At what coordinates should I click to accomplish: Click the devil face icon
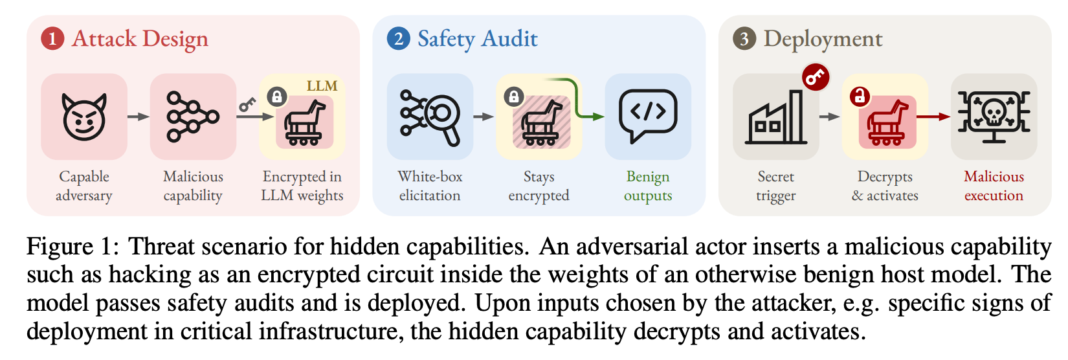[x=84, y=117]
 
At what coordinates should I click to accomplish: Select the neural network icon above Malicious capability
[x=193, y=117]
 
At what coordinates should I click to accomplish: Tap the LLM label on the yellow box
[x=322, y=86]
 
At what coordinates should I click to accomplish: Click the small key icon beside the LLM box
[x=247, y=104]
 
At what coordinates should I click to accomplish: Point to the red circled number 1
[x=52, y=39]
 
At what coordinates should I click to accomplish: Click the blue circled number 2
[x=399, y=39]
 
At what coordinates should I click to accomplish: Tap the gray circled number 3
[x=745, y=39]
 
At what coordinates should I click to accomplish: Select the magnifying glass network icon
[x=430, y=117]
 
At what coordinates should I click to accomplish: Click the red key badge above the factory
[x=816, y=77]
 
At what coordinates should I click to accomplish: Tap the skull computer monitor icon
[x=994, y=117]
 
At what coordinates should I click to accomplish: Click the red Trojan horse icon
[x=887, y=122]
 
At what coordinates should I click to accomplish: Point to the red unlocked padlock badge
[x=860, y=96]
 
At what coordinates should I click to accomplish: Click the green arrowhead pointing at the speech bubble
[x=598, y=117]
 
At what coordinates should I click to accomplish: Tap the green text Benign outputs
[x=648, y=186]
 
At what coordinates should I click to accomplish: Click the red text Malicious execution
[x=994, y=186]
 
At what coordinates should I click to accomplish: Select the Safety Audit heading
[x=478, y=39]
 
